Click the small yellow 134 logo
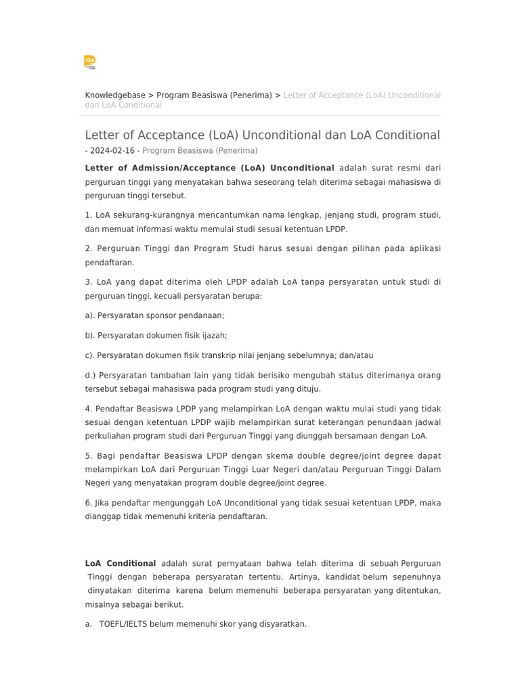(x=89, y=62)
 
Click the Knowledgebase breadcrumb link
(x=115, y=95)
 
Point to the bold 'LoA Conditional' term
(x=121, y=563)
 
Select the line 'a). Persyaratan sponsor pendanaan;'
(x=154, y=315)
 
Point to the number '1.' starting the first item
(x=89, y=215)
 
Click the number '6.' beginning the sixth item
(x=89, y=503)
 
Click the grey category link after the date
(x=200, y=151)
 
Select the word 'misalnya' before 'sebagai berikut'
(x=102, y=604)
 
